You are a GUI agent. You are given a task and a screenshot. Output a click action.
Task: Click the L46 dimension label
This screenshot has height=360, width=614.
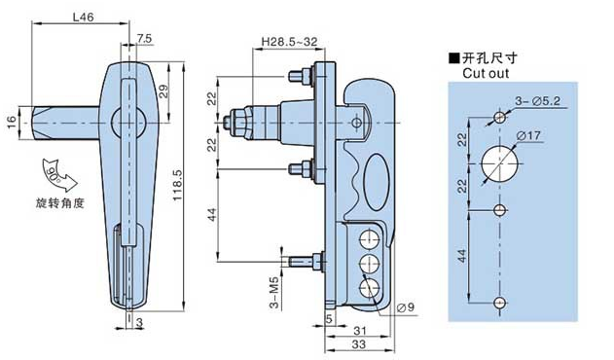[x=83, y=18]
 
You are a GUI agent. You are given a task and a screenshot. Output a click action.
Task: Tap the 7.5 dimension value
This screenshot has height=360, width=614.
[x=144, y=38]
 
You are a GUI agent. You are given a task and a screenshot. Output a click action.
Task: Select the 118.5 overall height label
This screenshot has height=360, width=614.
[x=177, y=185]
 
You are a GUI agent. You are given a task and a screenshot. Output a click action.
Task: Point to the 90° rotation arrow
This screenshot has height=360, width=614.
[x=58, y=173]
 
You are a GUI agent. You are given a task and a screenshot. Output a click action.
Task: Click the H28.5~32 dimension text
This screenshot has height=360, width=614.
[x=289, y=42]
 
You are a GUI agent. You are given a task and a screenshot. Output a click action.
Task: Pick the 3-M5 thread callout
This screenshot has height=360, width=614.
[x=275, y=293]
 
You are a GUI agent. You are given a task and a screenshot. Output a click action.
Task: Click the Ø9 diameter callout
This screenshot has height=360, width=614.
[x=406, y=307]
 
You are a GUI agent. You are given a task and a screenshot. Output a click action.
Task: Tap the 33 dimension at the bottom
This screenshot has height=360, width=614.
[x=359, y=344]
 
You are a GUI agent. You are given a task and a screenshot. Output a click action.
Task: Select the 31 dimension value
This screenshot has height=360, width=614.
[x=359, y=331]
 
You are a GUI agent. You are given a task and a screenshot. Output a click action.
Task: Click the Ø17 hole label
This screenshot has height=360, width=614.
[x=528, y=136]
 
